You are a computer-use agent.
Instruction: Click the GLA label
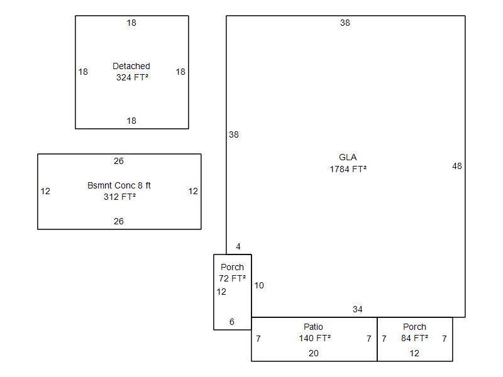coord(348,157)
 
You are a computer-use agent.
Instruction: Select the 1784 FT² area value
coord(348,169)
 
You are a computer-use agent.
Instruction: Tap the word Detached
coord(131,66)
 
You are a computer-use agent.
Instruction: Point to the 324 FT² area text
coord(132,77)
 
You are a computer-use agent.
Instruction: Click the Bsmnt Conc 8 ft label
coord(119,185)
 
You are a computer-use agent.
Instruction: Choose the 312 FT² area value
coord(119,197)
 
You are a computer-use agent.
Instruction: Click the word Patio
coord(313,327)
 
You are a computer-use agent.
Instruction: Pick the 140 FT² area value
coord(315,338)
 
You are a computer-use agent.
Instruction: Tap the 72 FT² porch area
coord(232,278)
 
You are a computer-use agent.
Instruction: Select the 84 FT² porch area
coord(414,338)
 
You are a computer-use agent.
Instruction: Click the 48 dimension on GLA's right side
coord(457,166)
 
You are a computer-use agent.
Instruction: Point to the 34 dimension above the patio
coord(358,309)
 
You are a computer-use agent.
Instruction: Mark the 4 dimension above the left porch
coord(238,246)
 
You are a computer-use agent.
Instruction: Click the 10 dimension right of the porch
coord(259,285)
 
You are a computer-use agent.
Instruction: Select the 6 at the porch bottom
coord(232,322)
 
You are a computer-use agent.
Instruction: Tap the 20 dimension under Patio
coord(313,353)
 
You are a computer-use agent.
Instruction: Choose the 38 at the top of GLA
coord(345,23)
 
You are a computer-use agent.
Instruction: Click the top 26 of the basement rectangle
coord(119,161)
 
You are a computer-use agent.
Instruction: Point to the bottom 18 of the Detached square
coord(131,121)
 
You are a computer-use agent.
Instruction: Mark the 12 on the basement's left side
coord(45,191)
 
